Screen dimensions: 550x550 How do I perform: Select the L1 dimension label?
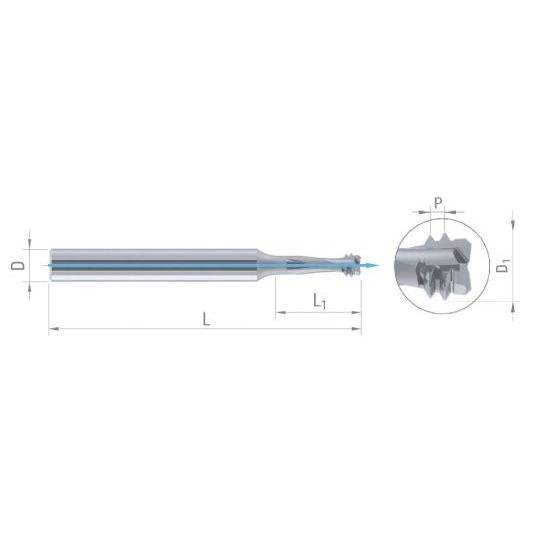pos(319,301)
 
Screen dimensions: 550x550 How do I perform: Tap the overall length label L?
pos(206,319)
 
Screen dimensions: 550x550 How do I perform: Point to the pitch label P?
pos(438,203)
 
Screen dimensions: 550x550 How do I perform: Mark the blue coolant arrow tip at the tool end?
pos(379,265)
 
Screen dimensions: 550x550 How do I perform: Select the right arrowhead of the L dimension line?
pos(356,329)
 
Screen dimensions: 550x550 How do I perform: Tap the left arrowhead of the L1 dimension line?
pos(281,312)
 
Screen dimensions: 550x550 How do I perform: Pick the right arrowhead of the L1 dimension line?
pos(356,312)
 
